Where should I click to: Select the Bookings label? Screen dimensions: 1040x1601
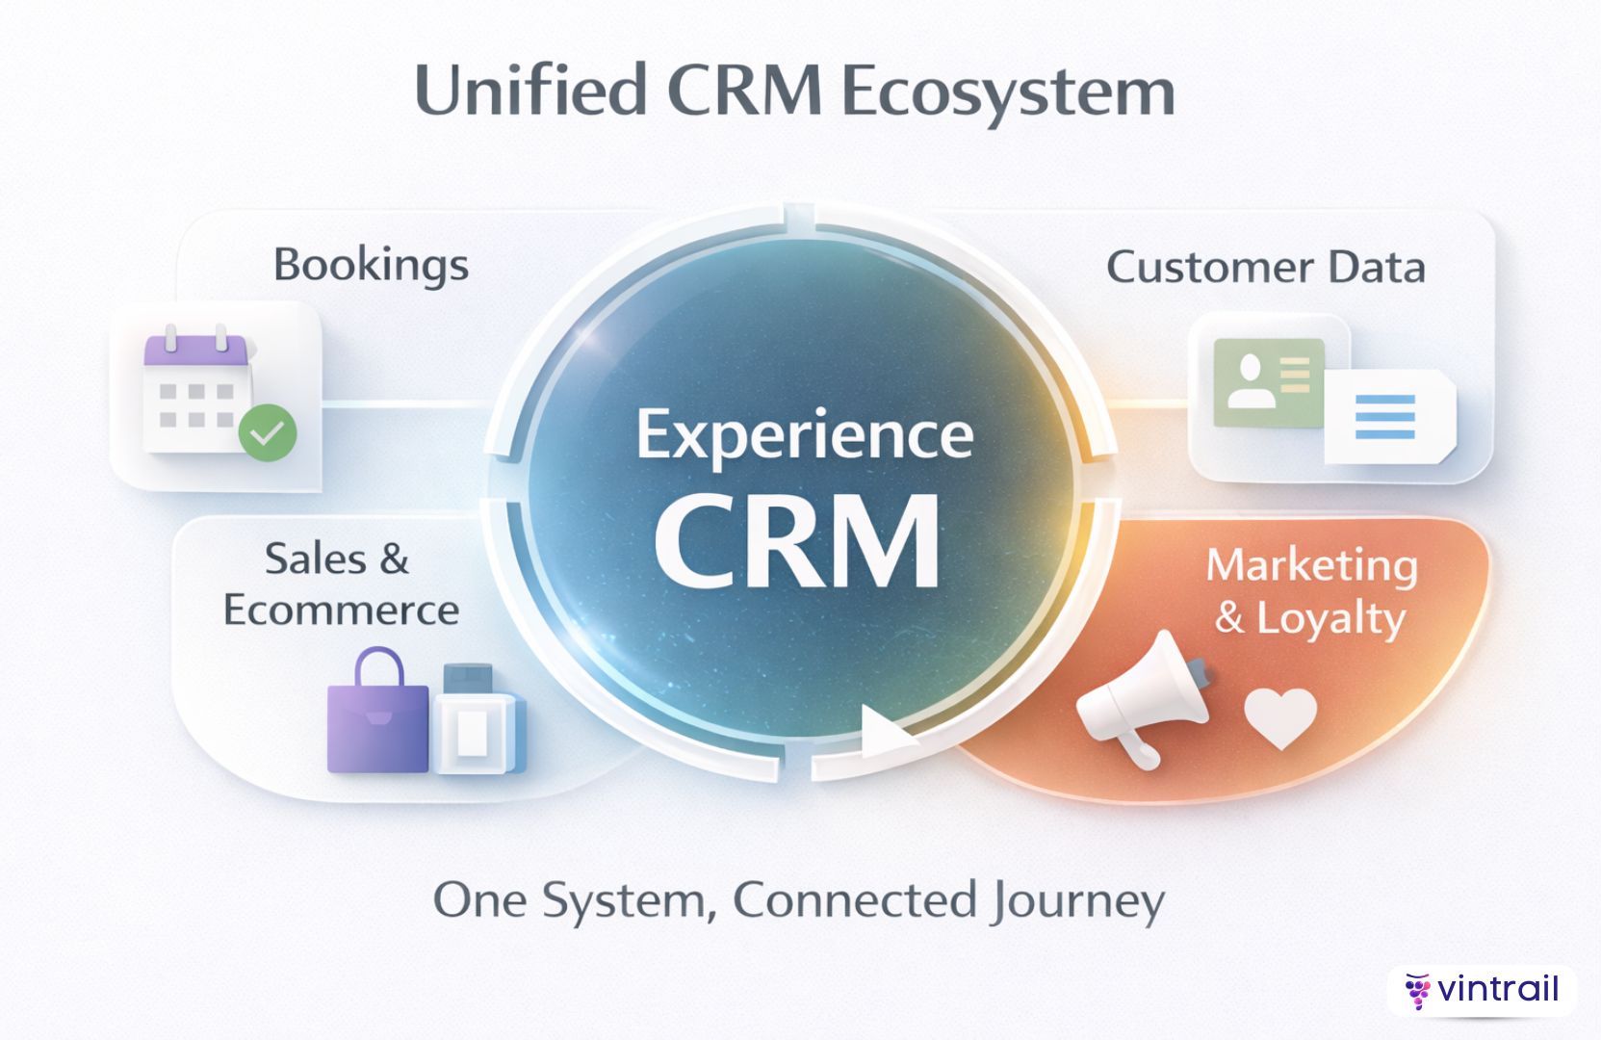pyautogui.click(x=371, y=265)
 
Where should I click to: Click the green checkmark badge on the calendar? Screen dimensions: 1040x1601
pyautogui.click(x=268, y=432)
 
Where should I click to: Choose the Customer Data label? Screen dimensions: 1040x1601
pyautogui.click(x=1265, y=268)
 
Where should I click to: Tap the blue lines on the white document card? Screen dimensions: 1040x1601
pyautogui.click(x=1384, y=416)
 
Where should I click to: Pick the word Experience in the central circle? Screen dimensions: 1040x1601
pyautogui.click(x=805, y=435)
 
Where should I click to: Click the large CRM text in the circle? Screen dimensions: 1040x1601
pyautogui.click(x=797, y=541)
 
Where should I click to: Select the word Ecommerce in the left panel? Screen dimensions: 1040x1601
pyautogui.click(x=342, y=611)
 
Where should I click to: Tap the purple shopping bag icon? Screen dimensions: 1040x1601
pyautogui.click(x=377, y=725)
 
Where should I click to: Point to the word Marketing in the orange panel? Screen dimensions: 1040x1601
pyautogui.click(x=1311, y=565)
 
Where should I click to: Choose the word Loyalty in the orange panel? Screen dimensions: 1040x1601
pyautogui.click(x=1330, y=618)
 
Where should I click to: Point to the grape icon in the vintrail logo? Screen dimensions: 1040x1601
pyautogui.click(x=1416, y=991)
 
